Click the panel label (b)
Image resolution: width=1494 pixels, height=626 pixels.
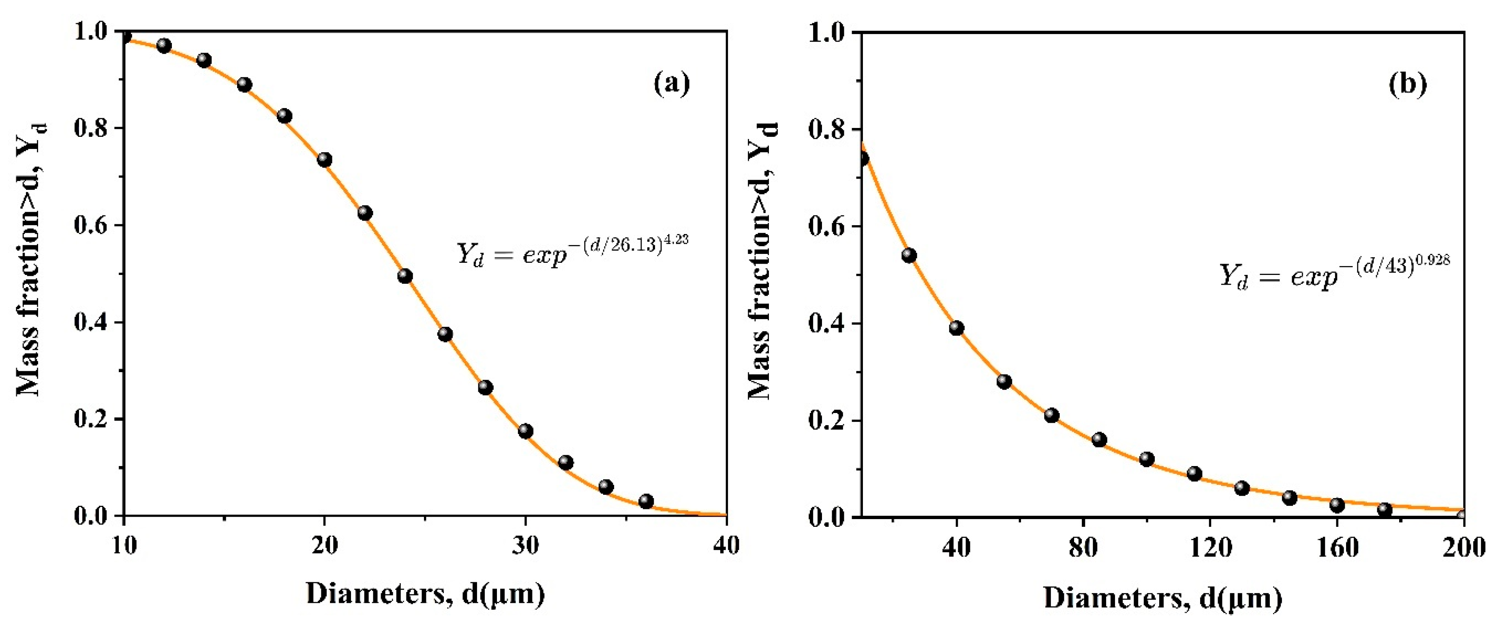(x=1407, y=84)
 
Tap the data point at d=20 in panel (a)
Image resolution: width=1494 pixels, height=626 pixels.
(x=324, y=160)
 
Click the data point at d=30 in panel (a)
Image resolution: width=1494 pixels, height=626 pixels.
(x=525, y=431)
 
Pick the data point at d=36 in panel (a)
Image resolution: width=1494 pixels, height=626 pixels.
(x=646, y=501)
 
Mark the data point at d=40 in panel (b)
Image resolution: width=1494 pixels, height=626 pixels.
(x=957, y=328)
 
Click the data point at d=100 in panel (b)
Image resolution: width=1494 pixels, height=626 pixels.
(x=1147, y=459)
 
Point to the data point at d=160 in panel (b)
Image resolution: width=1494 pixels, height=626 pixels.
(x=1337, y=505)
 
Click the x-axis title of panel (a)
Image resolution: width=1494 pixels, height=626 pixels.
(x=425, y=594)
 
